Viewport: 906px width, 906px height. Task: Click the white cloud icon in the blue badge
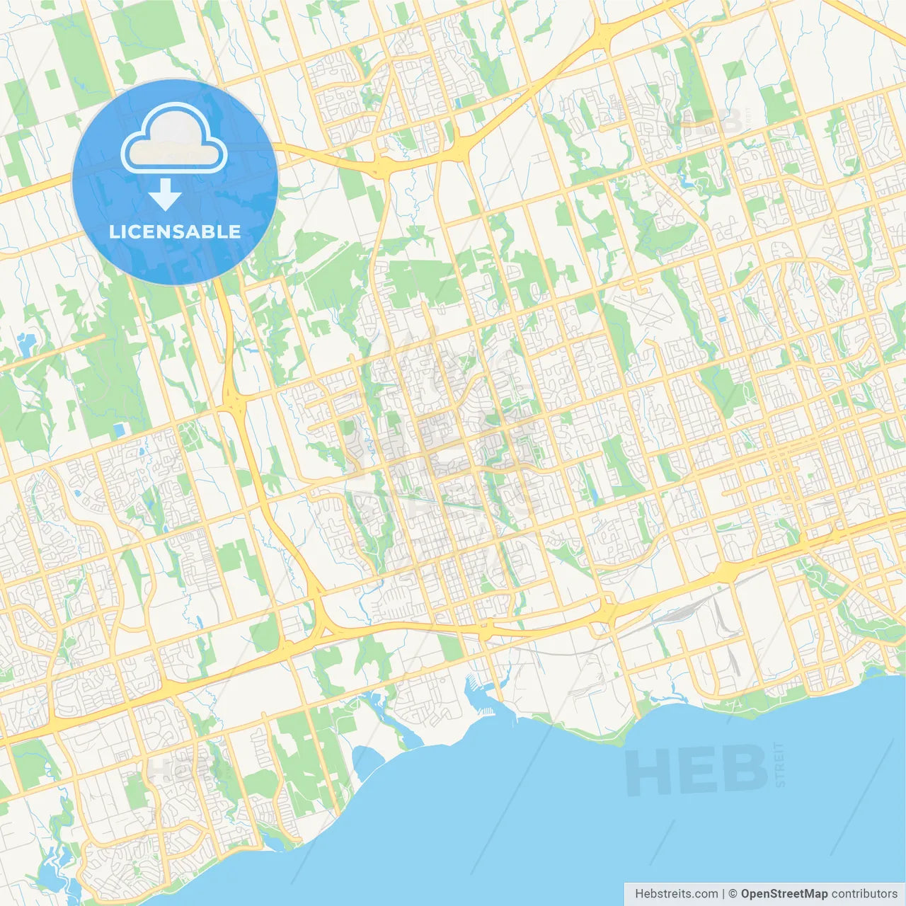(x=174, y=139)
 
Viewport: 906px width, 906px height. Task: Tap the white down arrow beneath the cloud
(x=165, y=195)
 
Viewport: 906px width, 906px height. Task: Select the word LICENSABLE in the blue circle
(x=175, y=231)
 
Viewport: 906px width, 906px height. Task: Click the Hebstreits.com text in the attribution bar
(x=676, y=894)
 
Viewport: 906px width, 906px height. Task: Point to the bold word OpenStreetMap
(x=784, y=894)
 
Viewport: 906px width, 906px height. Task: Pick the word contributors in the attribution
(x=864, y=894)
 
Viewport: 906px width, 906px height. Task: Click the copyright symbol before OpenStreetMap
(x=733, y=894)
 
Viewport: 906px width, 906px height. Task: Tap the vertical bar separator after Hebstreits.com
(x=723, y=894)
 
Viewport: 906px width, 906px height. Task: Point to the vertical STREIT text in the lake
(x=780, y=764)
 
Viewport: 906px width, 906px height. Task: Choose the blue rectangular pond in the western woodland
(x=119, y=430)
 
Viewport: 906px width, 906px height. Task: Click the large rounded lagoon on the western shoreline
(x=366, y=762)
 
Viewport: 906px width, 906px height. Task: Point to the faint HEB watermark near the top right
(x=711, y=122)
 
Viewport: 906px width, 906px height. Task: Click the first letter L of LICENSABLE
(x=114, y=231)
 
